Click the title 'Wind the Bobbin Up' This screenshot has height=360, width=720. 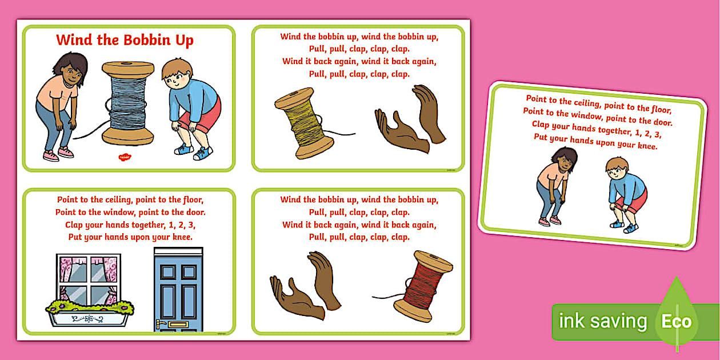click(125, 40)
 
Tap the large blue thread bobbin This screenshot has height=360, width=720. click(128, 103)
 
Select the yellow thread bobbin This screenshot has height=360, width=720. click(304, 123)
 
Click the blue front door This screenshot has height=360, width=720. click(178, 289)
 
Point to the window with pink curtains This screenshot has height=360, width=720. click(89, 279)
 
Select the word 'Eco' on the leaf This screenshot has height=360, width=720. click(677, 321)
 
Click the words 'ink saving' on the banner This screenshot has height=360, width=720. click(603, 321)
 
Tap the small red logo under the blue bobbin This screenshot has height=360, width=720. click(125, 157)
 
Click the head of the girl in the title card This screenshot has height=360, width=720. click(71, 70)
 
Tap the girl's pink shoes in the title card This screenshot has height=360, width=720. click(58, 154)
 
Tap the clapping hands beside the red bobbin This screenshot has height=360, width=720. click(305, 286)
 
